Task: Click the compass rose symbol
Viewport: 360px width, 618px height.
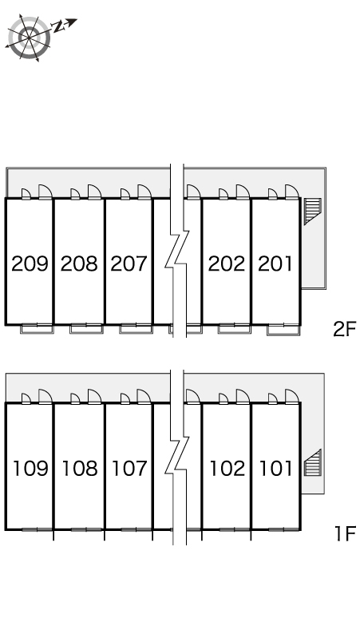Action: click(x=30, y=38)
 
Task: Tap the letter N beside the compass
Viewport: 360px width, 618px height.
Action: click(x=60, y=26)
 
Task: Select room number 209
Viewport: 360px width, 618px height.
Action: click(x=30, y=263)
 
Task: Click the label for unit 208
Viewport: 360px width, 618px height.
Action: click(x=79, y=263)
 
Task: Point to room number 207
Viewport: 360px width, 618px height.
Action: click(x=129, y=263)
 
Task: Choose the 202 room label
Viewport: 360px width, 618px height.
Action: click(x=227, y=263)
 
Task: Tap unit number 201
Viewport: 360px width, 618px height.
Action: click(x=275, y=263)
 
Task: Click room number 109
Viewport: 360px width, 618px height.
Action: click(x=30, y=468)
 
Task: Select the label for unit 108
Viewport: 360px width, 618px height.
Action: click(x=80, y=468)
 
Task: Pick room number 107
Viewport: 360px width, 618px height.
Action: click(x=129, y=468)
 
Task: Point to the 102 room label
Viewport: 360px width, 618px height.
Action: click(x=227, y=468)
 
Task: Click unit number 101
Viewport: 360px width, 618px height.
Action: click(x=276, y=468)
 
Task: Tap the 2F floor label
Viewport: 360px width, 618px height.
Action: click(x=344, y=330)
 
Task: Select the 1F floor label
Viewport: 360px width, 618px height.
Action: click(x=345, y=533)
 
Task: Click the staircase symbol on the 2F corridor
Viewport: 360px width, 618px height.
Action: click(x=312, y=212)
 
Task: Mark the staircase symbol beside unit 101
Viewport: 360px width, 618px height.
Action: click(x=312, y=463)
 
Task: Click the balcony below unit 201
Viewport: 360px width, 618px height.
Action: click(x=283, y=330)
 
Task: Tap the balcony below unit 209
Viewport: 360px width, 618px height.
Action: click(x=37, y=329)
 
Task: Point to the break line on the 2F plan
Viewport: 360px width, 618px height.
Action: click(x=177, y=251)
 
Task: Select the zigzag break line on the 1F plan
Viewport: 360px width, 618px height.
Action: click(x=177, y=458)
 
